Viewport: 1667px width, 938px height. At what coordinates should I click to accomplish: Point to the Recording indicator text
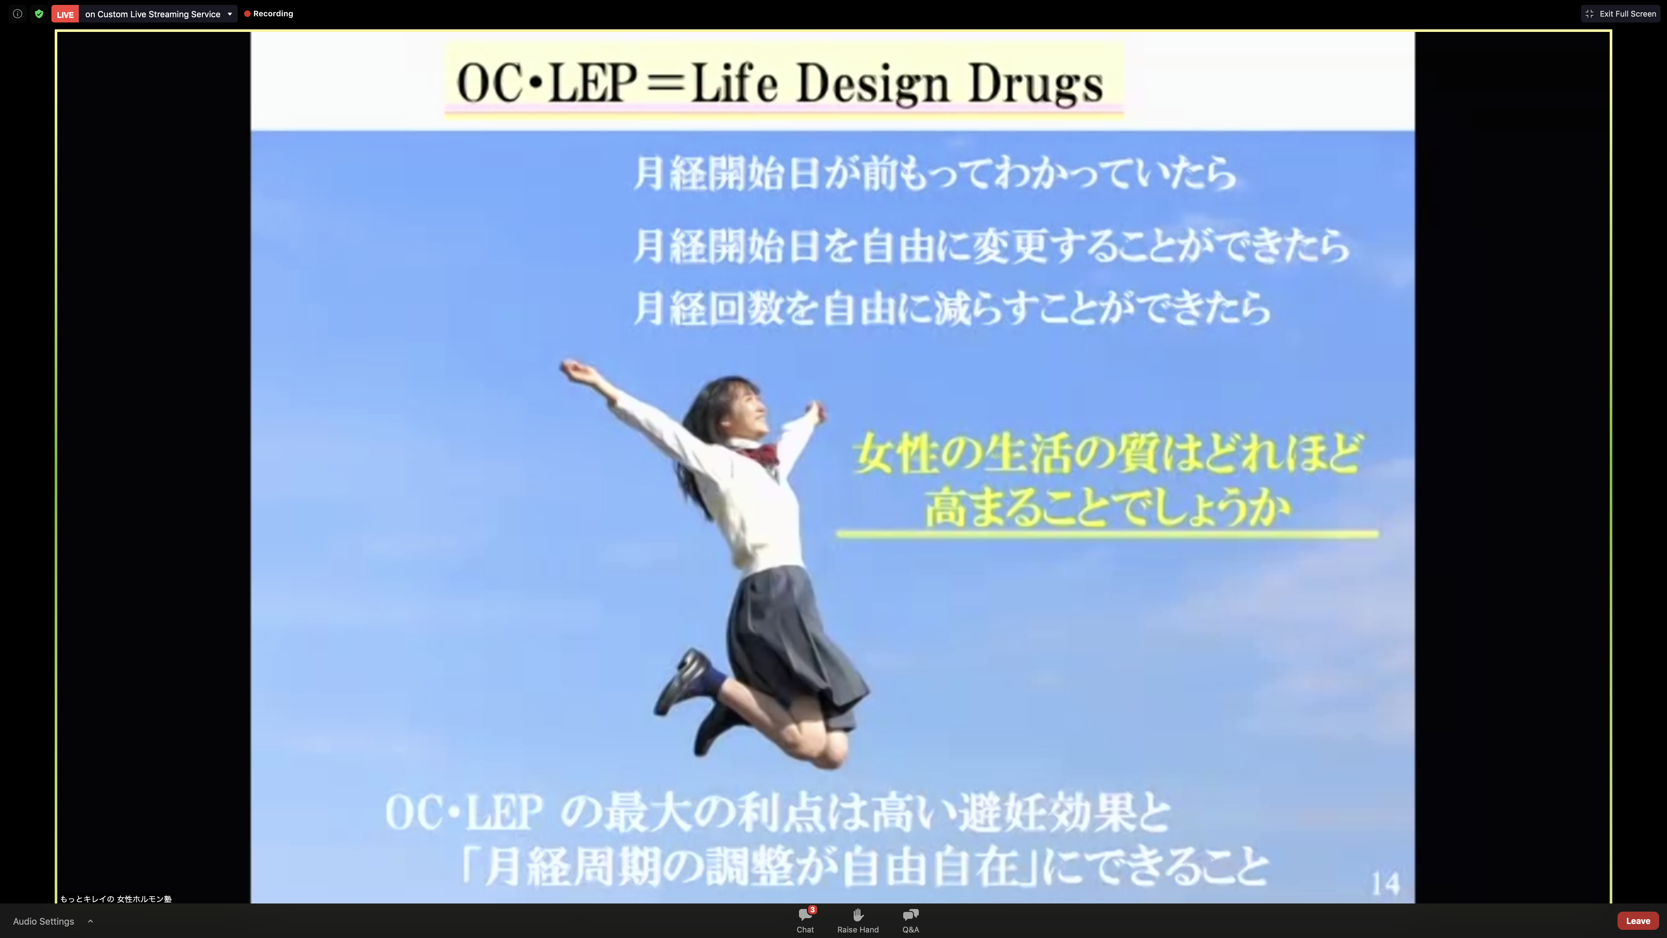coord(273,14)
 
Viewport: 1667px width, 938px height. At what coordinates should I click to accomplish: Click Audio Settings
coord(43,921)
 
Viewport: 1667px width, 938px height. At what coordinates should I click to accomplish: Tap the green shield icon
coord(39,14)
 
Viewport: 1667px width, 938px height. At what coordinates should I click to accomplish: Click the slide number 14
coord(1385,884)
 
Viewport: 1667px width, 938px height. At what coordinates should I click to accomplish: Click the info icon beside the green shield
coord(18,14)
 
